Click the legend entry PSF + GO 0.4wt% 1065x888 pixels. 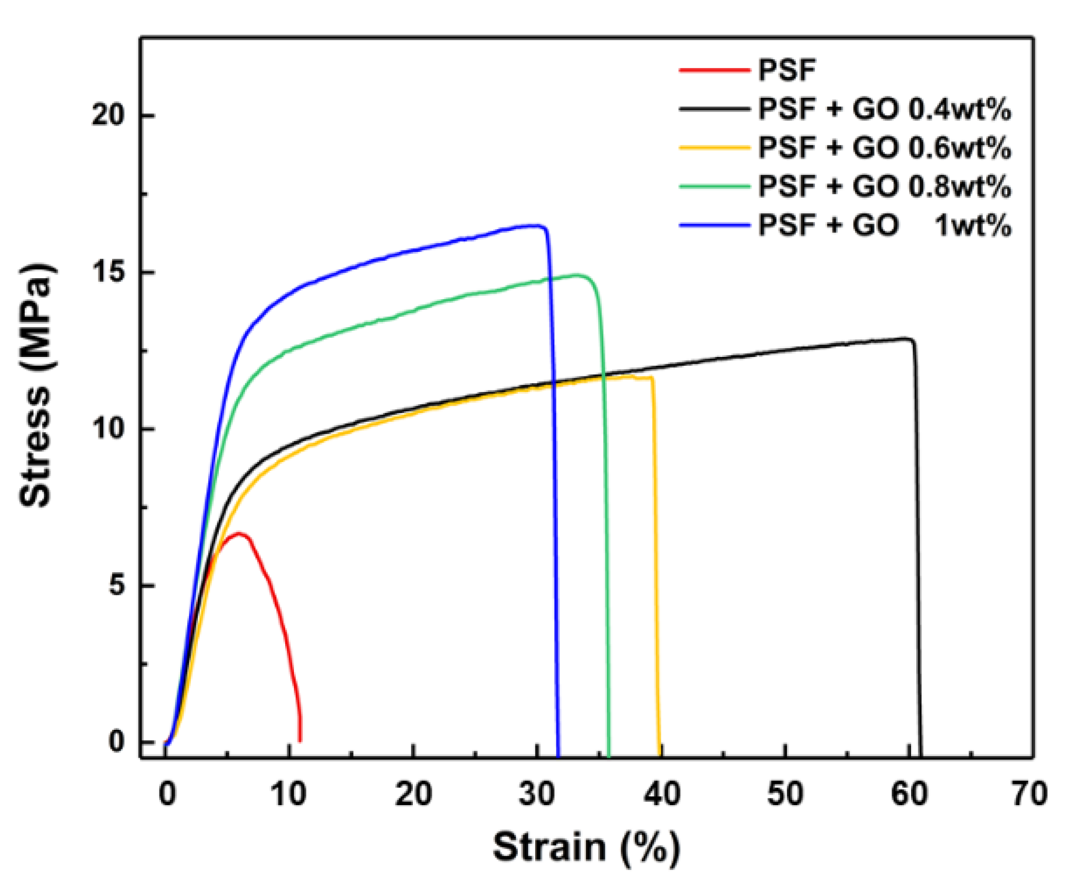tap(884, 109)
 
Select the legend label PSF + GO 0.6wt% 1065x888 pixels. tap(884, 148)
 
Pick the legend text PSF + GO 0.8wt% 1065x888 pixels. tap(884, 186)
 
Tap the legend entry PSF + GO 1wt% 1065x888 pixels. tap(884, 226)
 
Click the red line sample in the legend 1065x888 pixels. tap(714, 70)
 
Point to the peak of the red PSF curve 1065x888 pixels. tap(238, 533)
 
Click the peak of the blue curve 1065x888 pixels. tap(535, 226)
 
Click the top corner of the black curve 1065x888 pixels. tap(910, 339)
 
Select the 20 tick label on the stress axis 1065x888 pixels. tap(108, 115)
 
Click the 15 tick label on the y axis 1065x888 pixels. tap(108, 272)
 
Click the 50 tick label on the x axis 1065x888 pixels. tap(784, 794)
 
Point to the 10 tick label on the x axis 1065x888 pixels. tap(288, 794)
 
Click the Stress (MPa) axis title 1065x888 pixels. tap(36, 386)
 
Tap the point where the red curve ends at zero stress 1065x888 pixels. tap(300, 741)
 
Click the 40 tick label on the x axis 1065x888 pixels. tap(661, 794)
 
